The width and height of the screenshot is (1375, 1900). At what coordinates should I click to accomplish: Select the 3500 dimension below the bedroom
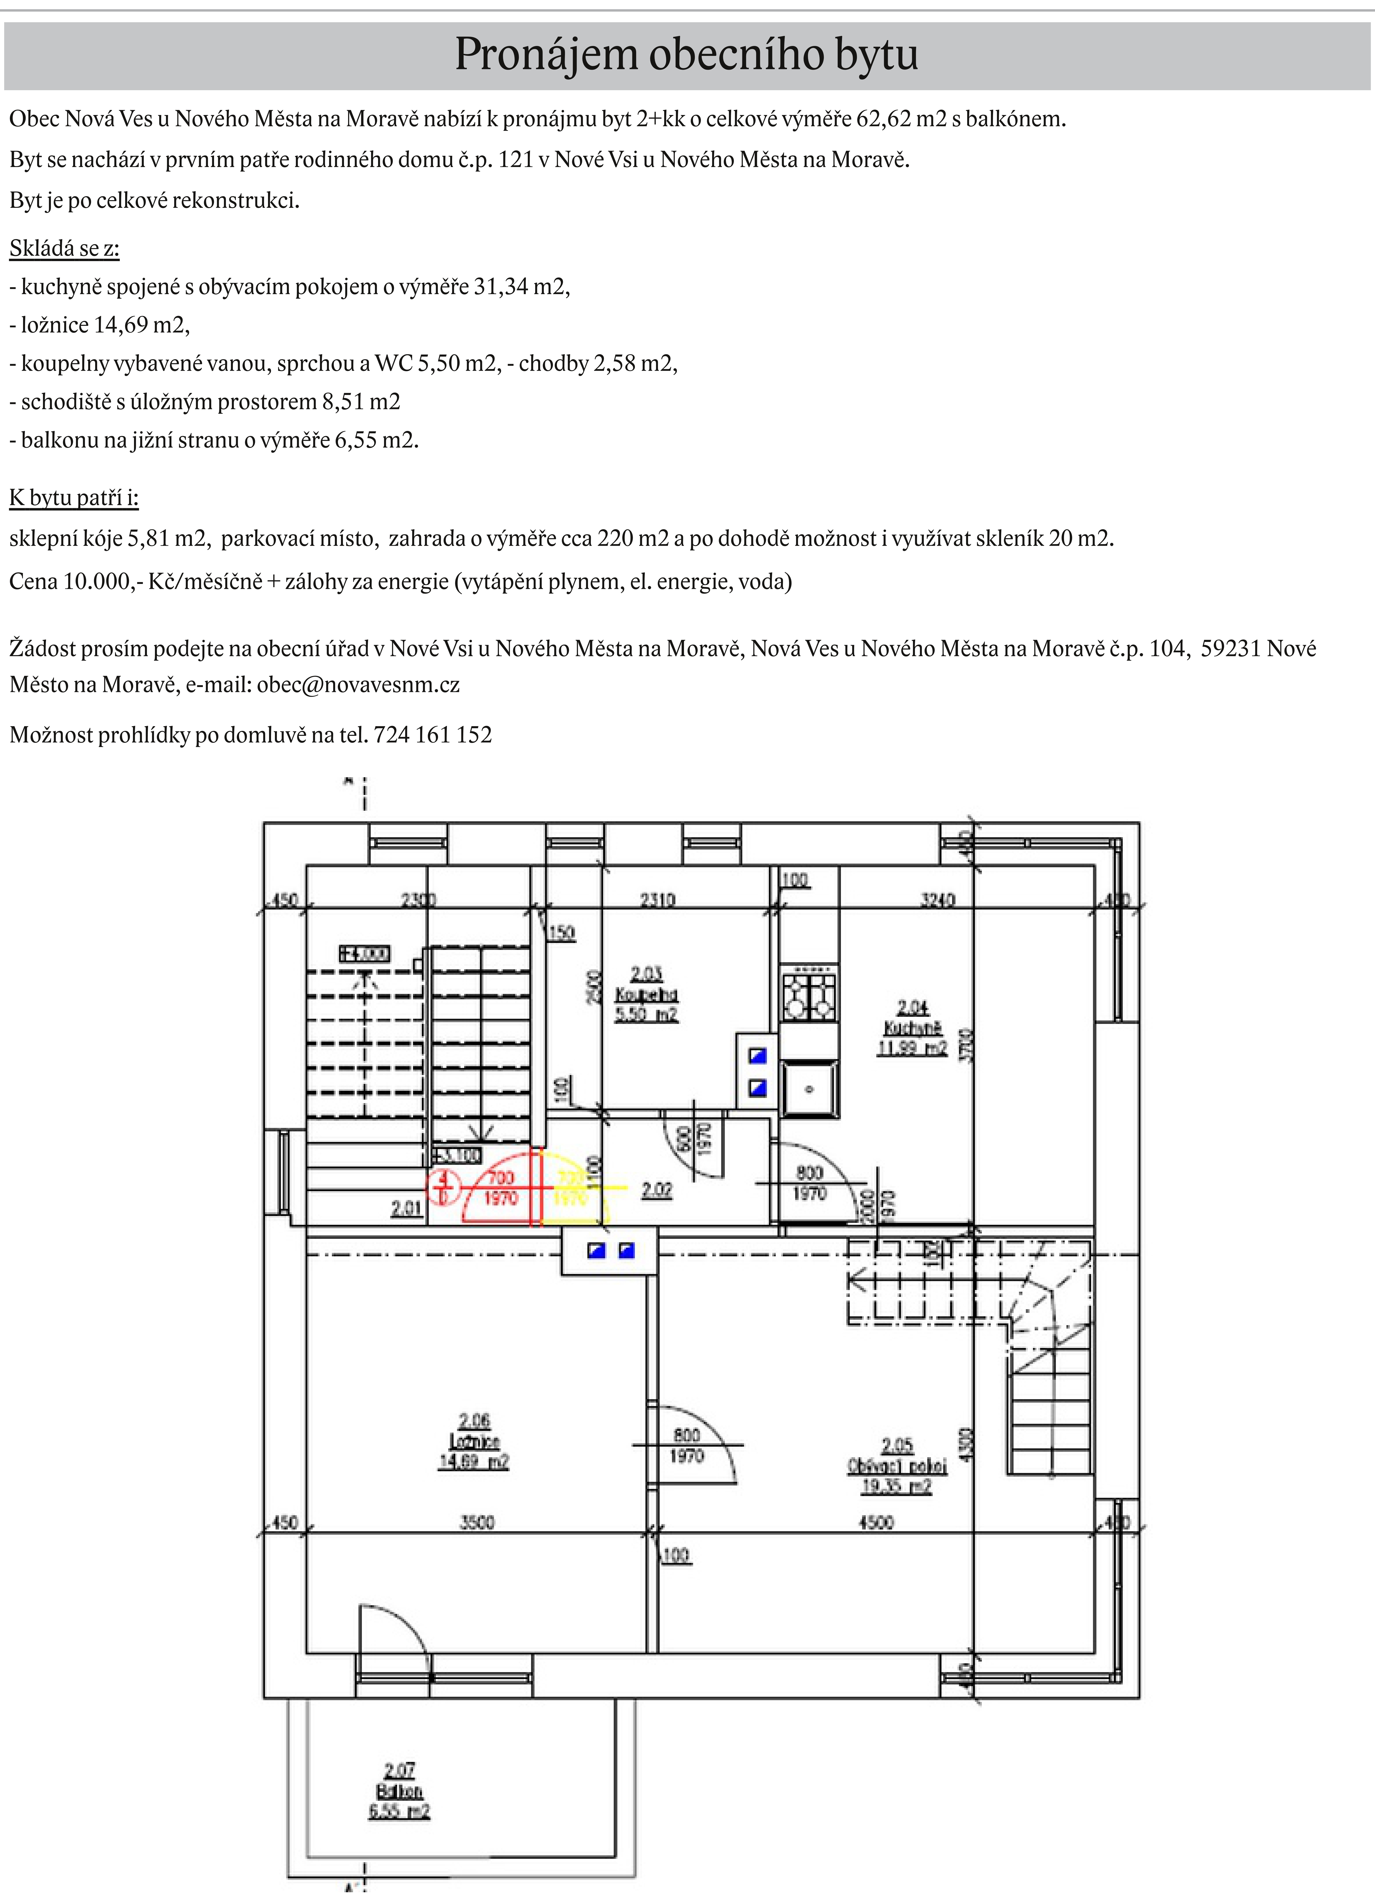tap(477, 1522)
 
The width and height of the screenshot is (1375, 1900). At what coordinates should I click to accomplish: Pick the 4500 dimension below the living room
tap(876, 1522)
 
